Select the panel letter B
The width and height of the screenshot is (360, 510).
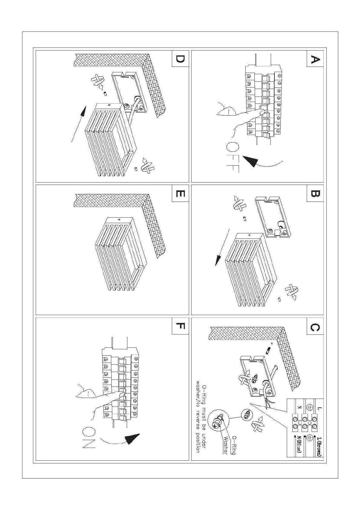(x=315, y=193)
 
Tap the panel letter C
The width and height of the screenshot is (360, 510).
(x=315, y=327)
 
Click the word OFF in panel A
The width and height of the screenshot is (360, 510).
(x=232, y=157)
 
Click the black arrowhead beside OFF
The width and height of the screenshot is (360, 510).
(x=250, y=161)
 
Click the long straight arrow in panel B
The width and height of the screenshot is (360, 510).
(x=222, y=247)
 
